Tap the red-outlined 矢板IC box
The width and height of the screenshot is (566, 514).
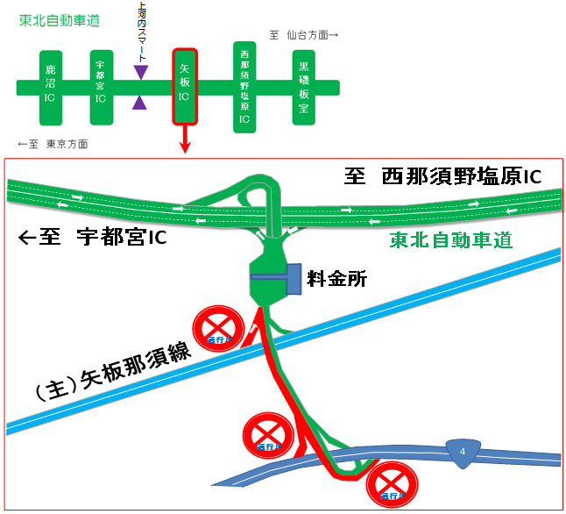[x=185, y=86]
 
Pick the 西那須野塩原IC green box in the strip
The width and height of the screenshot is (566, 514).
[x=244, y=86]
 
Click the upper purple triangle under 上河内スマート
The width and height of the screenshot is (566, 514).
[x=140, y=71]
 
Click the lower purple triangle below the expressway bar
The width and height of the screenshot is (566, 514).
[x=140, y=103]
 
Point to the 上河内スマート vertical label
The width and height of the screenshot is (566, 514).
[x=141, y=30]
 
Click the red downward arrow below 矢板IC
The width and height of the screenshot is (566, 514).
[x=185, y=140]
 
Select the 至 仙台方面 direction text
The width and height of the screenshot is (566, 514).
[x=303, y=35]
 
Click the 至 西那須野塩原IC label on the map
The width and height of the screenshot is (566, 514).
[x=442, y=178]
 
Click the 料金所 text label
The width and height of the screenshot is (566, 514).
[x=336, y=280]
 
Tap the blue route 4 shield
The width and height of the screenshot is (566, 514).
[x=462, y=451]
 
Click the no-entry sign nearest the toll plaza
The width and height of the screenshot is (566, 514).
[x=218, y=328]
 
